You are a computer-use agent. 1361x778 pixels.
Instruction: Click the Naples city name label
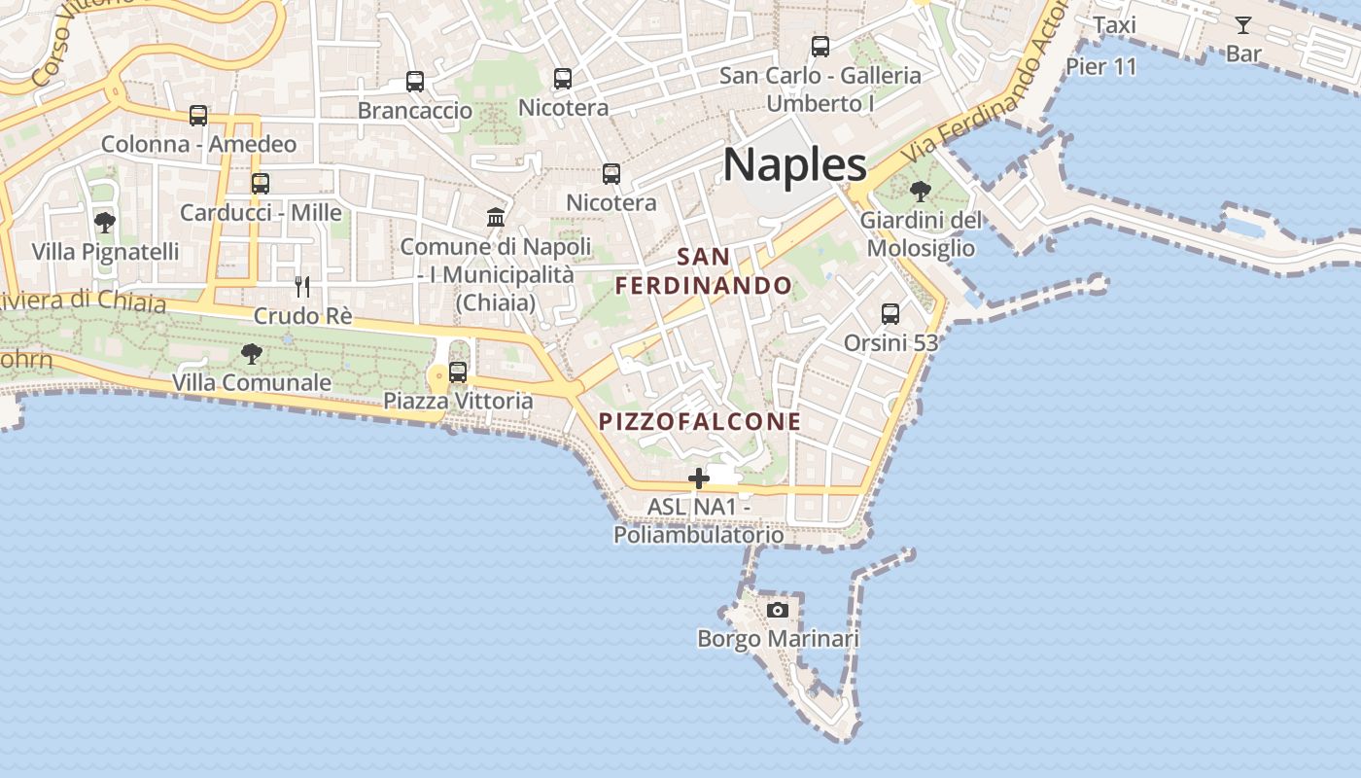[x=794, y=164]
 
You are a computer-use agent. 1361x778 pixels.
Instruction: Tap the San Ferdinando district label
[x=704, y=271]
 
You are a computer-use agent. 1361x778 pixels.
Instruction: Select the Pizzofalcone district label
[x=700, y=421]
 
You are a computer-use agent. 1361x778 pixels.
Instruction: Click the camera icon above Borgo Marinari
[x=777, y=610]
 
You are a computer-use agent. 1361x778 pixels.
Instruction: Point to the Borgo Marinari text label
[x=778, y=639]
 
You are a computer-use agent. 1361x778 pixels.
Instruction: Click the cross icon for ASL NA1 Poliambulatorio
[x=698, y=478]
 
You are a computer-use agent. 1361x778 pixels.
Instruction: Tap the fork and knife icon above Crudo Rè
[x=302, y=286]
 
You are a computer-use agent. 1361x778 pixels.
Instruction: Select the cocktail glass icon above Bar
[x=1242, y=25]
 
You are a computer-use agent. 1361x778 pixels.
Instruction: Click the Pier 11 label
[x=1100, y=66]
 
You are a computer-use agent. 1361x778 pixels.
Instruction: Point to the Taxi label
[x=1114, y=25]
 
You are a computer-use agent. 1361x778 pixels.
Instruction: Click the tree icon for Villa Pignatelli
[x=104, y=223]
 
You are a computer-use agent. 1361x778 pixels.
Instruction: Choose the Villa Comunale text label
[x=251, y=382]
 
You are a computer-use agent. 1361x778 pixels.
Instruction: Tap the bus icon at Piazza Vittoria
[x=457, y=371]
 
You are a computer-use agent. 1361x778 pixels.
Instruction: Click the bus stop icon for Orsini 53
[x=890, y=313]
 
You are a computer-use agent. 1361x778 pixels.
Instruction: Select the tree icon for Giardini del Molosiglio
[x=920, y=192]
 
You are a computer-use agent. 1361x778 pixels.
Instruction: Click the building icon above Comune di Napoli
[x=496, y=217]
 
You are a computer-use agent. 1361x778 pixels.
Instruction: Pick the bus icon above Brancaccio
[x=415, y=81]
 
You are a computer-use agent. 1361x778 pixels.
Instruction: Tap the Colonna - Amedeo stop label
[x=198, y=145]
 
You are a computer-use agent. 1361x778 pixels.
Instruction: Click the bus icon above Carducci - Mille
[x=260, y=183]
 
